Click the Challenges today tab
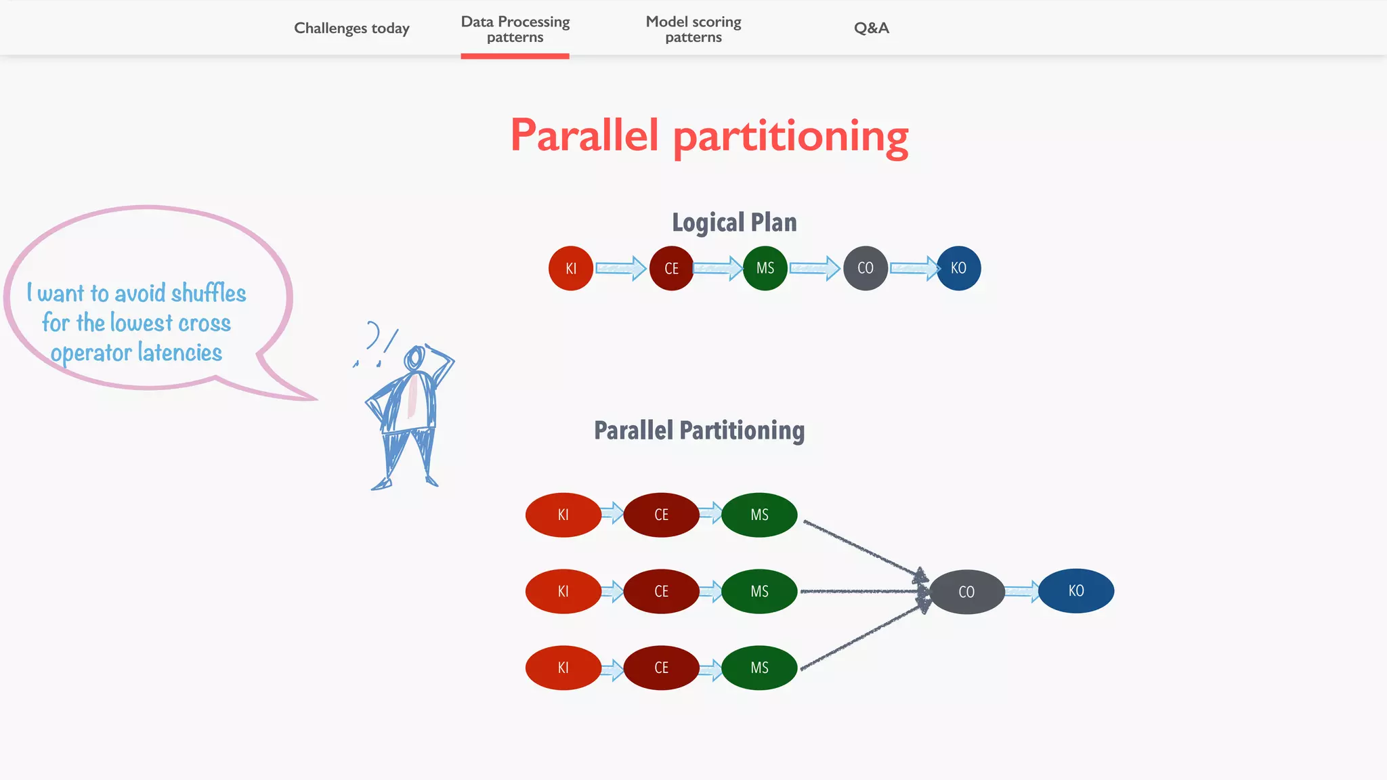351,28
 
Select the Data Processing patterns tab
515,29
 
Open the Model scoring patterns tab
693,29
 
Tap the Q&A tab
871,28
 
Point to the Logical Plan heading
734,222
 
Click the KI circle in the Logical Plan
571,268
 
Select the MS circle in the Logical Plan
765,268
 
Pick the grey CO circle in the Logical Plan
866,268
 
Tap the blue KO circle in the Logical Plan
958,268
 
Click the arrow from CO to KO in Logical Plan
914,268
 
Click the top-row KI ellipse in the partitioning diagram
563,515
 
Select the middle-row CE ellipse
661,591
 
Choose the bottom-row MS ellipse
759,668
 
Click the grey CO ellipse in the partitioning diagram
966,592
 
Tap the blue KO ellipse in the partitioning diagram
1075,590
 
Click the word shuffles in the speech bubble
209,293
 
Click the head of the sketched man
414,357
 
